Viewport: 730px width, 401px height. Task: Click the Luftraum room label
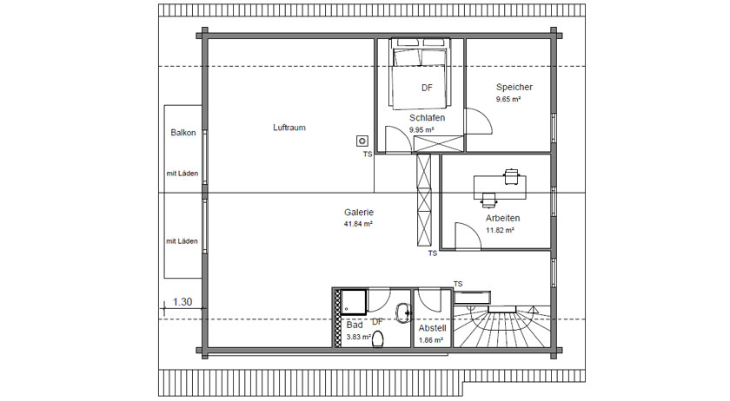289,128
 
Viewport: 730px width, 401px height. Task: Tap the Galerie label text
359,212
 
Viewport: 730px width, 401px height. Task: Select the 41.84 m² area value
358,224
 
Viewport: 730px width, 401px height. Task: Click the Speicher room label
514,87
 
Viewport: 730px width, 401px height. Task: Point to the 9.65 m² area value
508,99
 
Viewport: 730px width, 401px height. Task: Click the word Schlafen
427,118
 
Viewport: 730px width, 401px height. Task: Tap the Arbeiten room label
503,218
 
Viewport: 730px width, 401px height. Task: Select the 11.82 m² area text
500,230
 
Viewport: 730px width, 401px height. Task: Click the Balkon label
183,133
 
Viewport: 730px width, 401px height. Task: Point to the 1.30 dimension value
182,302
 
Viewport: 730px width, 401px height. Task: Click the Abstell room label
432,328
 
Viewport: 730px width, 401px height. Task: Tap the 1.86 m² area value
431,340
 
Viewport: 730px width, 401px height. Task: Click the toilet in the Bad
377,339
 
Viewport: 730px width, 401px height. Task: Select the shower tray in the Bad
354,302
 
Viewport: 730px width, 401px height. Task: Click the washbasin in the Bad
402,312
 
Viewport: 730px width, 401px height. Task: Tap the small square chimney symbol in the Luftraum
362,141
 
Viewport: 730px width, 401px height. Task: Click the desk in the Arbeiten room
500,187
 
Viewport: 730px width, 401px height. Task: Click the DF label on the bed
427,88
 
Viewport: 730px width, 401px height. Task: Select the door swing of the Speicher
479,121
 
